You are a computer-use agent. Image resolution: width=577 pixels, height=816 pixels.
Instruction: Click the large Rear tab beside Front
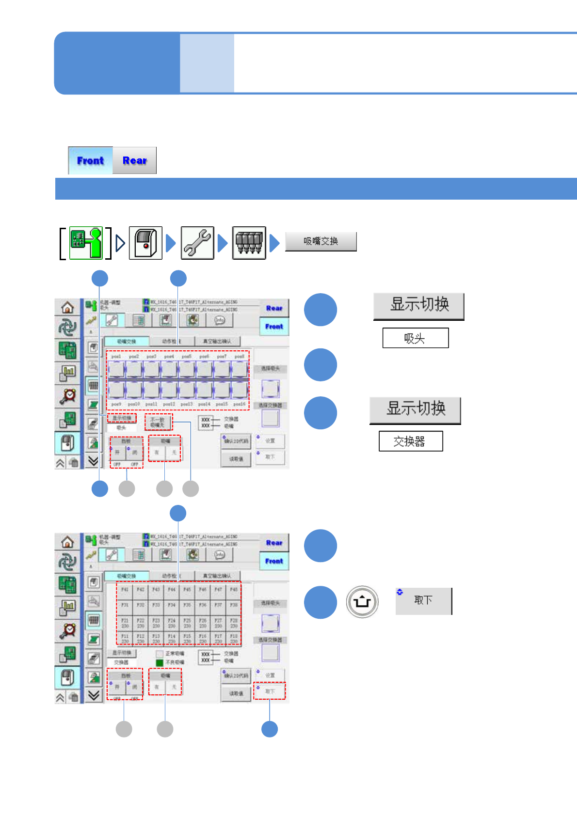coord(134,160)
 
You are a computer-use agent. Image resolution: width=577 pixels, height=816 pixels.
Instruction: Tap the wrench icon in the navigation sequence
coord(197,243)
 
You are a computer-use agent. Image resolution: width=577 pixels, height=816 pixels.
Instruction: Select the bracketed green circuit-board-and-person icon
coord(86,243)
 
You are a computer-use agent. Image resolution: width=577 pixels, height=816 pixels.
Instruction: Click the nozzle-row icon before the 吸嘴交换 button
coord(249,243)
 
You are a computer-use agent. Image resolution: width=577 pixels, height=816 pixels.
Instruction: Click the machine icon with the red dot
coord(145,243)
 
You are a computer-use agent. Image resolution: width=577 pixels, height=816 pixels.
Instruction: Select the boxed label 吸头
coord(415,338)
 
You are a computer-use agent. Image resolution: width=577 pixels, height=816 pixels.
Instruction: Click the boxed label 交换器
coord(410,441)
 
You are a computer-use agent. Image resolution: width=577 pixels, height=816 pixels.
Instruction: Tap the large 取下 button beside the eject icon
coord(423,601)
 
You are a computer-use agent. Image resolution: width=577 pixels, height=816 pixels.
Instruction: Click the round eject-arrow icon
coord(362,602)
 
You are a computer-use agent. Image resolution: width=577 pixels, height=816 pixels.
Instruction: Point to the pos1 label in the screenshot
coord(116,357)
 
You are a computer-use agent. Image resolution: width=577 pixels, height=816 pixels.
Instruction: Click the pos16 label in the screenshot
coord(239,404)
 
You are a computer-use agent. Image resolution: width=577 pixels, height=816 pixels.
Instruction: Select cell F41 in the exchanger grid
coord(125,590)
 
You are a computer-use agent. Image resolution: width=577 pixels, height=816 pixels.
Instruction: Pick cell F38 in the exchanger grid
coord(234,605)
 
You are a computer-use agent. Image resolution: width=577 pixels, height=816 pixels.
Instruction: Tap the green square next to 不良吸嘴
coord(160,662)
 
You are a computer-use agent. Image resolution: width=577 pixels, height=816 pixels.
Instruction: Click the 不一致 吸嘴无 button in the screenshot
coord(158,422)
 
